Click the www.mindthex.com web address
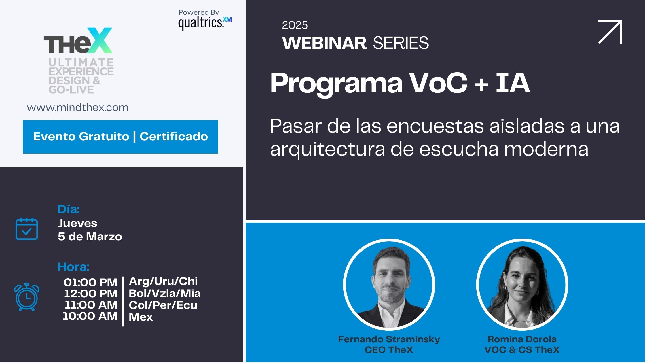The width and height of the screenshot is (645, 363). click(77, 108)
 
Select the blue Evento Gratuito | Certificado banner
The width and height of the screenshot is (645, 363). click(120, 137)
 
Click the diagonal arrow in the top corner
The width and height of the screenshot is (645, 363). click(610, 32)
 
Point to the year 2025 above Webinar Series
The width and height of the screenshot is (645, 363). click(295, 25)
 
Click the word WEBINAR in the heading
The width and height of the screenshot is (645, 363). click(324, 43)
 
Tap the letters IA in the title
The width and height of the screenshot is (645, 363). click(513, 83)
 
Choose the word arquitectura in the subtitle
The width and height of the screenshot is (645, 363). click(327, 150)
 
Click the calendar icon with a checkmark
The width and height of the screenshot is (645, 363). click(26, 229)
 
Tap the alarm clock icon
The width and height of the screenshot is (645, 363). click(27, 297)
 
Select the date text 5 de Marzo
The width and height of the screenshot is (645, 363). click(90, 237)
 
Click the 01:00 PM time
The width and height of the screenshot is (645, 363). click(90, 282)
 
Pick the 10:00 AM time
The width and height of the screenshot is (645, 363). click(90, 316)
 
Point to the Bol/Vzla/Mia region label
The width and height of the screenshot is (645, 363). click(164, 293)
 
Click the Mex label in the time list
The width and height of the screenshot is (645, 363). click(141, 317)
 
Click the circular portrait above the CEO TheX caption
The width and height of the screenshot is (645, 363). click(389, 285)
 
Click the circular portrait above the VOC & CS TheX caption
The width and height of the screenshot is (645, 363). click(522, 285)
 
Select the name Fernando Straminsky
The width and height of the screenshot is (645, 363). click(389, 339)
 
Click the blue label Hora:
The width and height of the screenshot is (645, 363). click(73, 267)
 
